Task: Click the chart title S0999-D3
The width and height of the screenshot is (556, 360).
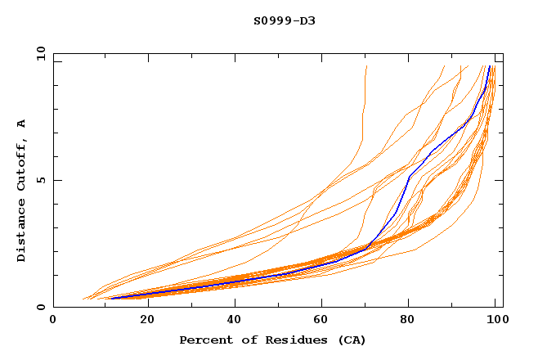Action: pyautogui.click(x=284, y=20)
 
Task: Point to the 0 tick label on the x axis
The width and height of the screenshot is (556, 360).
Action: pyautogui.click(x=53, y=321)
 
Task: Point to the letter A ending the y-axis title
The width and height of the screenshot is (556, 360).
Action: pyautogui.click(x=22, y=124)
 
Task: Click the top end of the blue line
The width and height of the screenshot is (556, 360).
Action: pyautogui.click(x=489, y=66)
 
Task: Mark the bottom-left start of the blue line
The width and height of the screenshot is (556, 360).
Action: pyautogui.click(x=111, y=298)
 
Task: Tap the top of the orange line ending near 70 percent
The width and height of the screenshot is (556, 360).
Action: pyautogui.click(x=366, y=66)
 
